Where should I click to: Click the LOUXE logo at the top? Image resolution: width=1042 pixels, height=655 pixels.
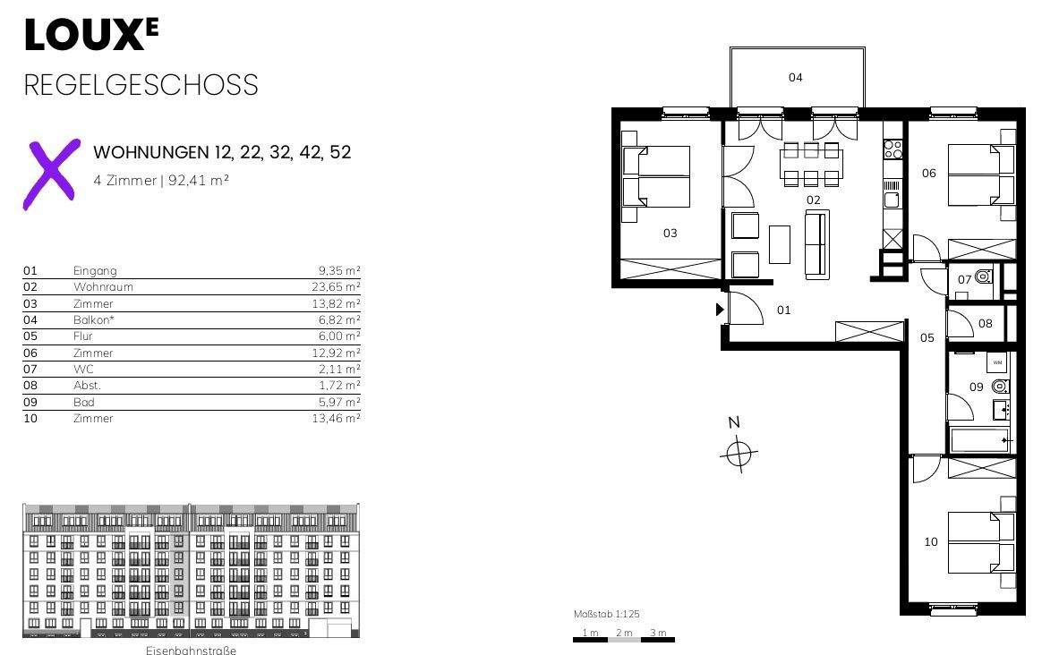coord(91,35)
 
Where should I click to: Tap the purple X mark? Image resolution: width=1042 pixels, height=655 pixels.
coord(51,174)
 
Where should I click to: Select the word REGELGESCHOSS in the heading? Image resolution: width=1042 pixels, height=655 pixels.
coord(141,85)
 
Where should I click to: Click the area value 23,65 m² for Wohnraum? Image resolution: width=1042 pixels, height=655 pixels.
coord(336,287)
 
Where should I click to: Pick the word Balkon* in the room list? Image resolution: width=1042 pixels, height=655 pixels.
coord(91,319)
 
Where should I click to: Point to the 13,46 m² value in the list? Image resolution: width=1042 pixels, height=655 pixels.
coord(336,418)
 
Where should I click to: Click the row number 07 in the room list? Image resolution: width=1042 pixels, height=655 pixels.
coord(30,369)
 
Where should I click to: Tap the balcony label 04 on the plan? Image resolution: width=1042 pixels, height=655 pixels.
coord(796,78)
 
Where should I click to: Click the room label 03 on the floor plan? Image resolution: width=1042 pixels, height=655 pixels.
coord(670,234)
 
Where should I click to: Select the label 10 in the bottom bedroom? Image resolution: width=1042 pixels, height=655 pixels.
coord(931,542)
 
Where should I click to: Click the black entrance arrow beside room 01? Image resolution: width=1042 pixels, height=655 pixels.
coord(720,310)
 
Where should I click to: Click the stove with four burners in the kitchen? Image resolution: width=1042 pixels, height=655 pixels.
coord(893,149)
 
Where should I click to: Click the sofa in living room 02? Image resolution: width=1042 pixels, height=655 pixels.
coord(817,243)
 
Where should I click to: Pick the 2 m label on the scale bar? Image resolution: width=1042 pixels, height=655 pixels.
coord(624,633)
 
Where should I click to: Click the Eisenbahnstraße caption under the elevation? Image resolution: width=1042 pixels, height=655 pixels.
coord(192,650)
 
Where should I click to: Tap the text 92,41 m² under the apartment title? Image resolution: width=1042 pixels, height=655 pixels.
coord(199,180)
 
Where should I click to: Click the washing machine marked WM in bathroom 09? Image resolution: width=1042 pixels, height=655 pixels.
coord(997,362)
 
